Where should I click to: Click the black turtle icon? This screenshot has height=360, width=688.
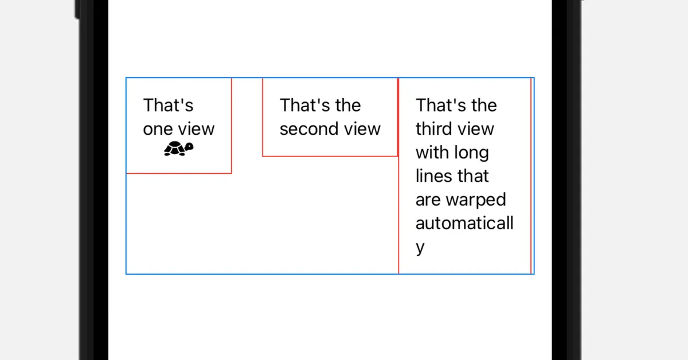click(179, 148)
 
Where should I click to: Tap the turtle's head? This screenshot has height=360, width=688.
click(189, 147)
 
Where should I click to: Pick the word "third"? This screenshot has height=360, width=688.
click(439, 129)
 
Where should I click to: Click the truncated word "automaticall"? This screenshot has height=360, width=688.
click(464, 223)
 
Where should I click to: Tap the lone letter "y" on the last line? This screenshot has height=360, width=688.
click(420, 248)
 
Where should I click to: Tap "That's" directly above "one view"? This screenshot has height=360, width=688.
click(169, 105)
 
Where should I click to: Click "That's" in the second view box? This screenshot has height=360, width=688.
click(304, 105)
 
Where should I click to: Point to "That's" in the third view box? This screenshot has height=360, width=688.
click(441, 105)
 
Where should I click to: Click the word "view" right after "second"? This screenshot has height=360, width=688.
click(362, 129)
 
